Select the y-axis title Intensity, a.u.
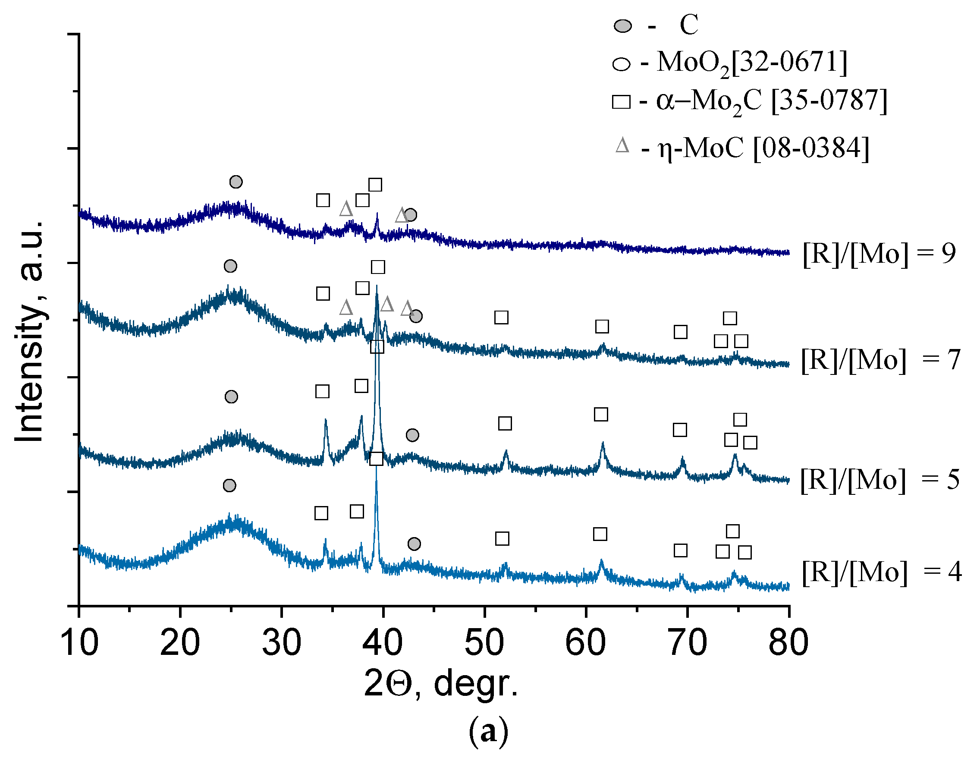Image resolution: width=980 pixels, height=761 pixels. (x=30, y=331)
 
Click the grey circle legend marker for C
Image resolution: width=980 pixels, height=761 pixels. (x=623, y=26)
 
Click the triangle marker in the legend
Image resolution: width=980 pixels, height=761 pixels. (x=622, y=146)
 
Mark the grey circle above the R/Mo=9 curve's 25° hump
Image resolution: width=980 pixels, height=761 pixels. (x=236, y=182)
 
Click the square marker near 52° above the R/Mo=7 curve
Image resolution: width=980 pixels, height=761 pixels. (x=501, y=317)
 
